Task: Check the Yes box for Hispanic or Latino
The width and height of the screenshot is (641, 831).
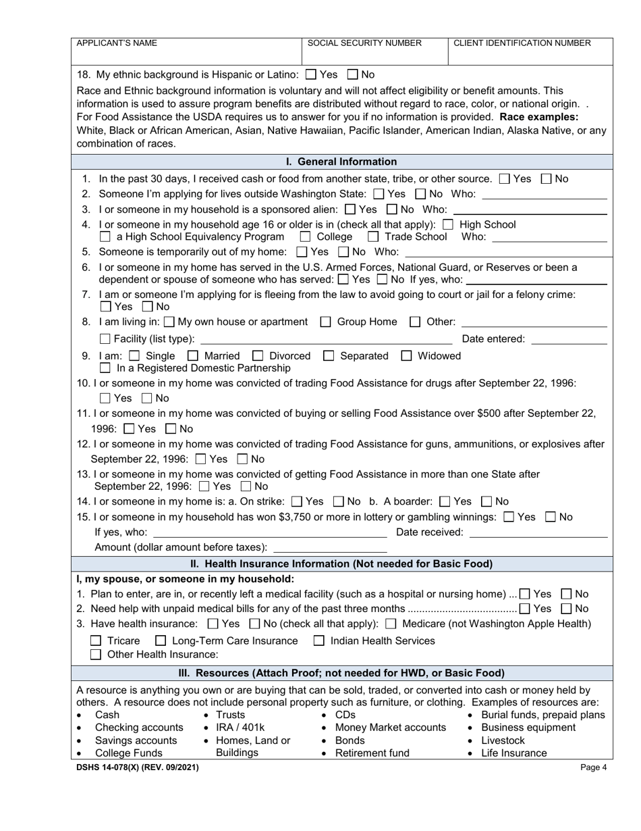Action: tap(311, 75)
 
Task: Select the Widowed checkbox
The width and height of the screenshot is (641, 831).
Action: tap(407, 356)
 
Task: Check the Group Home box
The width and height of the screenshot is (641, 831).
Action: tap(325, 322)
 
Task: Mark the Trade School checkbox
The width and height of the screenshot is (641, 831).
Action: tap(373, 237)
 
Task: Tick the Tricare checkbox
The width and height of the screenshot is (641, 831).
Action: tap(96, 641)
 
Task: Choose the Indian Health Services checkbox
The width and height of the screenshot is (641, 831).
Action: tap(319, 641)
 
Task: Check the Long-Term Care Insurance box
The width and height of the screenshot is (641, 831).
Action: tap(161, 641)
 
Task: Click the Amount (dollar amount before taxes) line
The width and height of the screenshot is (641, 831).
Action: tap(329, 548)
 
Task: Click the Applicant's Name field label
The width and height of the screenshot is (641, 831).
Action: tap(117, 43)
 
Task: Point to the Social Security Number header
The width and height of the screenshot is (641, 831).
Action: tap(364, 43)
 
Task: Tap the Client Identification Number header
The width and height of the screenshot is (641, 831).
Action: tap(522, 43)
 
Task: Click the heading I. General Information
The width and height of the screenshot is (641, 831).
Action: tap(341, 162)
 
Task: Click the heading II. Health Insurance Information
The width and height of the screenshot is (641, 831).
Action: tap(341, 564)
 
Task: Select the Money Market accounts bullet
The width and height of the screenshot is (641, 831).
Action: tap(390, 728)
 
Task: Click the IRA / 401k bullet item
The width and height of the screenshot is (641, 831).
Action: tap(240, 728)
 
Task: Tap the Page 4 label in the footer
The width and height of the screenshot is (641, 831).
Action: tap(594, 767)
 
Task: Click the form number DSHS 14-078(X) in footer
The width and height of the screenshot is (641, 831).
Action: tap(138, 767)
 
